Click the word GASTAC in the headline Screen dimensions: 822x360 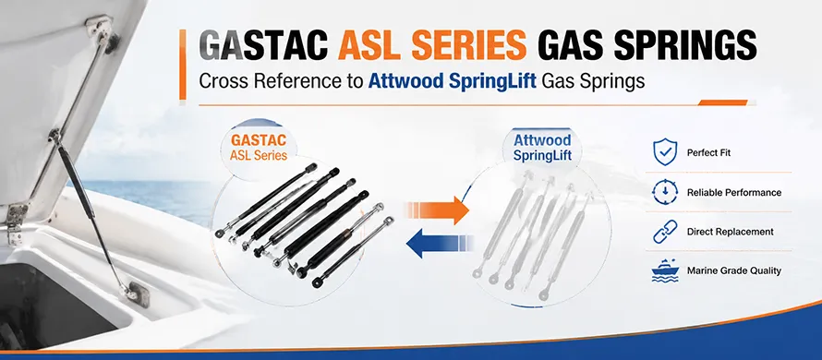[x=264, y=46]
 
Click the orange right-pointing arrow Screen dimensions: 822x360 [x=437, y=210]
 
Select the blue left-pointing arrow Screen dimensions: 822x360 [x=440, y=243]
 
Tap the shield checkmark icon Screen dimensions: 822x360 [x=665, y=152]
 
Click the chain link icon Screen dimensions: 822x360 [x=665, y=232]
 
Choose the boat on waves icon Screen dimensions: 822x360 [x=665, y=270]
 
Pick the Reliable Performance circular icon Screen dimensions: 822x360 [x=665, y=192]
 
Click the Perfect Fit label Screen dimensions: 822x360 [x=708, y=153]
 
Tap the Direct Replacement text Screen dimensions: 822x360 [x=731, y=232]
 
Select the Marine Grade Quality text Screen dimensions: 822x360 [x=734, y=270]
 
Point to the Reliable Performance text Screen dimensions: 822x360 [x=734, y=193]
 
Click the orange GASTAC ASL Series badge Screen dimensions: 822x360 [x=259, y=148]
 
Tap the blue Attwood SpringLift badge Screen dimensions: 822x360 [x=542, y=148]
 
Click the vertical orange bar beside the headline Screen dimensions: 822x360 [x=183, y=65]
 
